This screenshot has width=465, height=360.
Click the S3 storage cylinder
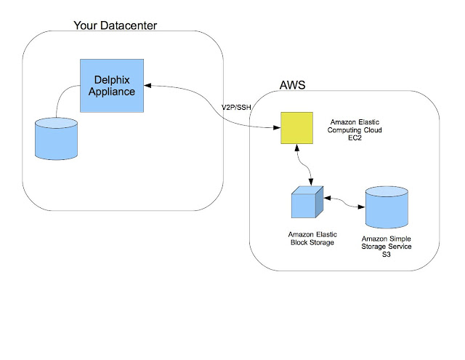[386, 207]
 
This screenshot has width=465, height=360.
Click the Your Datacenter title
[116, 27]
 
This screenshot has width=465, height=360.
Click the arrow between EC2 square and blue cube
[308, 164]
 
